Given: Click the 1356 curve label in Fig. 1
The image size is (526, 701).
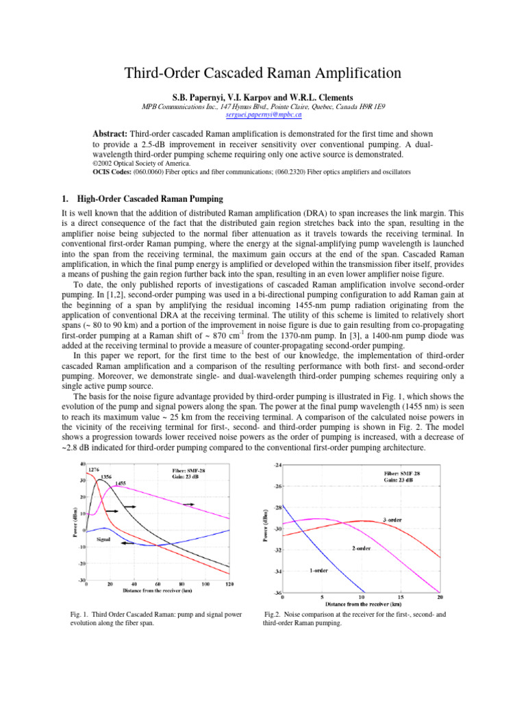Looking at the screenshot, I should click(106, 476).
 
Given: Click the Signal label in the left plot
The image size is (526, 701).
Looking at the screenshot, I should click(103, 540).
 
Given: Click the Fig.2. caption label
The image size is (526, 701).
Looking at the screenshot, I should click(275, 615).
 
